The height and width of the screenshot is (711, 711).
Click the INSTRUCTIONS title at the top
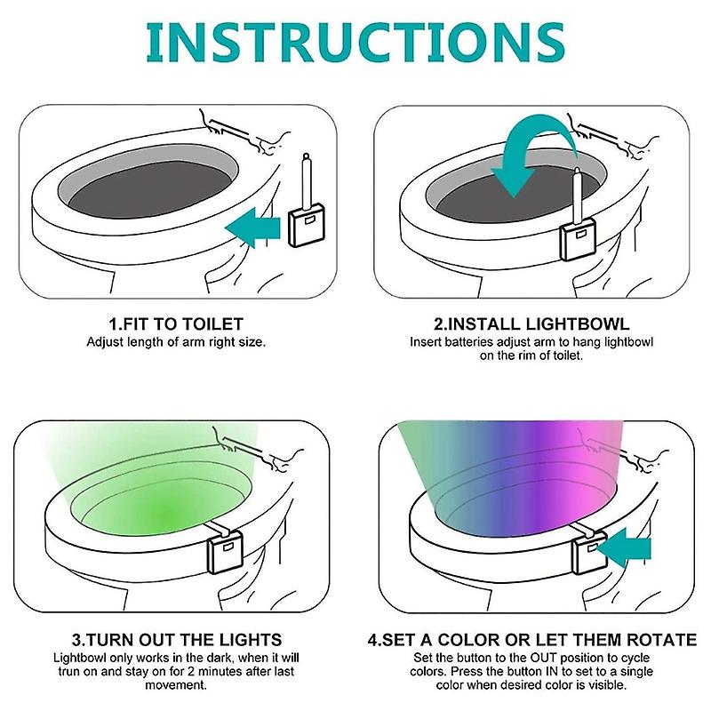[355, 42]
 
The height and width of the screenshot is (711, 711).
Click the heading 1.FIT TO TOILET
[176, 324]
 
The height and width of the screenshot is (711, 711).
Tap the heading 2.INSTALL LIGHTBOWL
[531, 324]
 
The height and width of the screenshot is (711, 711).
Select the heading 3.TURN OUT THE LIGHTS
[177, 640]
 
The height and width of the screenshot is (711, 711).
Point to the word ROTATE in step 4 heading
[661, 640]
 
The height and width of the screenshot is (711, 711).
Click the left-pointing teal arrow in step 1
[253, 228]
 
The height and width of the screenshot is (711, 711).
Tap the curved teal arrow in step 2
[534, 154]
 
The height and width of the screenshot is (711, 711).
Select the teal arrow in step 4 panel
[625, 547]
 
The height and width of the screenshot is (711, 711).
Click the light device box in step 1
[307, 225]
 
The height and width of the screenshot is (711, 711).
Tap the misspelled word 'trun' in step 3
[68, 672]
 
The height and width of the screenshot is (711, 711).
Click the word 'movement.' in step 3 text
[176, 685]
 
